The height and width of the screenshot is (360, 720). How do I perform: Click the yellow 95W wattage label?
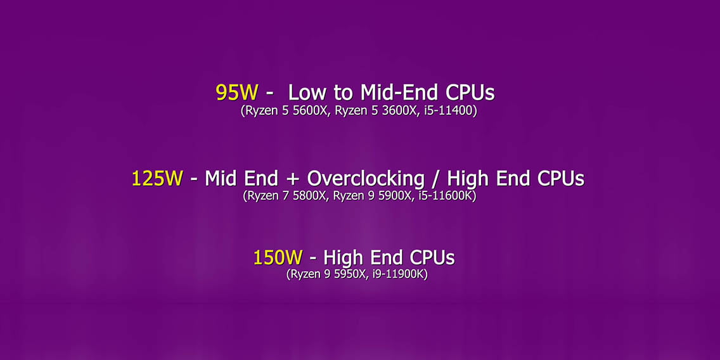pos(237,93)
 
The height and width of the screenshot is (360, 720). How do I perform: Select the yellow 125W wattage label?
pos(157,178)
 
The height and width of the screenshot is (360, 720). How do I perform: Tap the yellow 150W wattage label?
pos(278,257)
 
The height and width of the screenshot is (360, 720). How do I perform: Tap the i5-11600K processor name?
pos(447,196)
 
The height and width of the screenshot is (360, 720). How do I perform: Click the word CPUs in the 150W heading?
pos(432,257)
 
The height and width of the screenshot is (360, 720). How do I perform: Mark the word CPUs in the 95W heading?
pos(470,93)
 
